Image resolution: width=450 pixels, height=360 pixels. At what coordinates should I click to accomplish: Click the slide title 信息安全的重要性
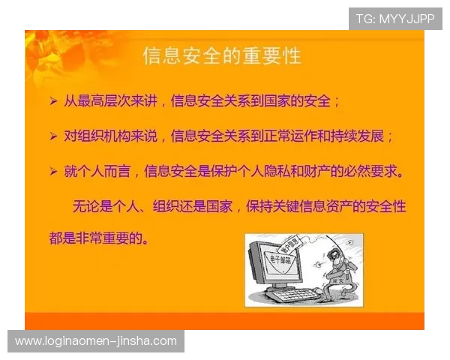click(x=222, y=55)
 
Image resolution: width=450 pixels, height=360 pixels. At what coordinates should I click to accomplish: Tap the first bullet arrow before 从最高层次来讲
click(x=52, y=100)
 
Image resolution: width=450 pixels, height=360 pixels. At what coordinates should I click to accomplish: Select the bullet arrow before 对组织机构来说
click(x=52, y=136)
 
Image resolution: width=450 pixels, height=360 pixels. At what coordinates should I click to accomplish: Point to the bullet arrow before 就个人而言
click(x=52, y=172)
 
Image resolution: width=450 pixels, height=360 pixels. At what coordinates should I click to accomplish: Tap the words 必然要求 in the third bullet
click(x=372, y=172)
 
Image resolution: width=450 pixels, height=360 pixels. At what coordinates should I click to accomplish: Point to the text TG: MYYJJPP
click(x=395, y=19)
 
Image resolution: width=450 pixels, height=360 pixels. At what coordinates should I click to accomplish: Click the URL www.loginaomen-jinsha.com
click(x=96, y=341)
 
